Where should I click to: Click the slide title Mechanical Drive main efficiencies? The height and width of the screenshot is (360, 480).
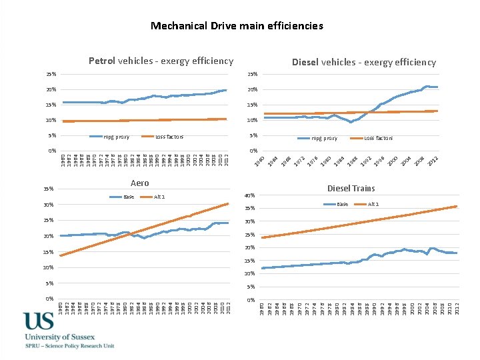coord(237,26)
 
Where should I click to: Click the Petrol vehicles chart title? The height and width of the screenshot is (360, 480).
coord(161,61)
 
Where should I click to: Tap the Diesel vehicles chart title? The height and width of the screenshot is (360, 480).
coord(364,63)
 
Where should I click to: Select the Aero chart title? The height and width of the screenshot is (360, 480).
coord(139,183)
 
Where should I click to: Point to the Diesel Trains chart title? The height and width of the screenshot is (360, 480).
coord(351,188)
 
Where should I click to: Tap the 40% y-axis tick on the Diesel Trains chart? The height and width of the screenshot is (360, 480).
coord(250,195)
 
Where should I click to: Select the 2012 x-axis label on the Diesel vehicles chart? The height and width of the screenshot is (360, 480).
coord(433,161)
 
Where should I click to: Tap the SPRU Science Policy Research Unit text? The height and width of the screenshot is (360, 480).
coord(69,346)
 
